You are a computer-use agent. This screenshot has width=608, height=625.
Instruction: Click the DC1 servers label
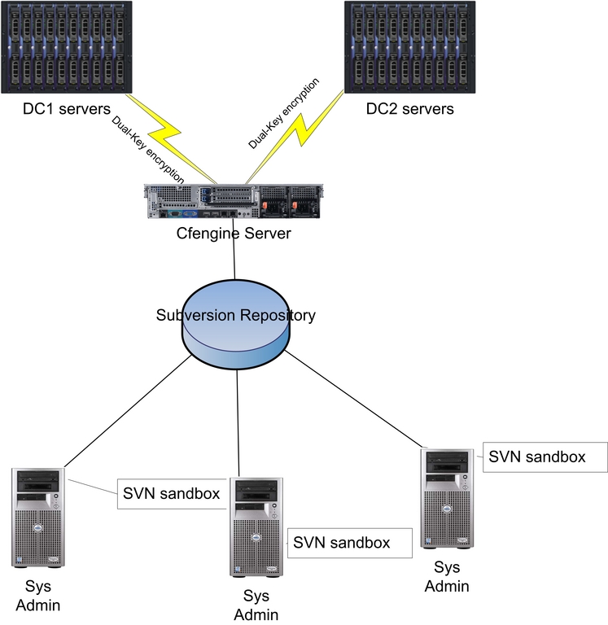point(55,108)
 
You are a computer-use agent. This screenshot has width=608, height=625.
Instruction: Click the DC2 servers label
point(409,108)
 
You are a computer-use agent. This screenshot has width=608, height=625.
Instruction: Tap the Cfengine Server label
point(234,234)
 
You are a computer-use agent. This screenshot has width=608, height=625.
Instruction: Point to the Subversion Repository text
point(235,315)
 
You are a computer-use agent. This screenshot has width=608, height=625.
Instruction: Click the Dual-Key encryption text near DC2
point(284,113)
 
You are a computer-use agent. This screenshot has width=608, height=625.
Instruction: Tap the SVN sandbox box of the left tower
point(172,493)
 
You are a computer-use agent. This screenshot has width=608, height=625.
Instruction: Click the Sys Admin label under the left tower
point(37,596)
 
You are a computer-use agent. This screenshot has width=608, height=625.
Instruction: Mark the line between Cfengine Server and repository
point(235,261)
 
